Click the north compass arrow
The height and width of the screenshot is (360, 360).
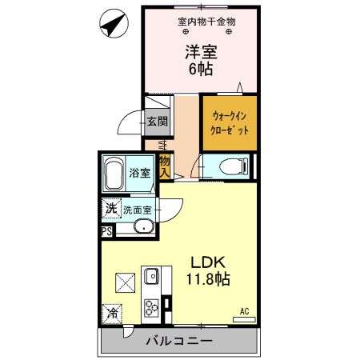tap(114, 24)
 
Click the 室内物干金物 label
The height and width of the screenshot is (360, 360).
tap(206, 21)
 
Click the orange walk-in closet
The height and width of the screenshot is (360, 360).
tap(229, 122)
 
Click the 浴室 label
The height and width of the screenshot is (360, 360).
tap(141, 173)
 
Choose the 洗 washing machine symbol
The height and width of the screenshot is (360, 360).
tap(110, 209)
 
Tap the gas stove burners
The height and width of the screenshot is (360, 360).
tap(151, 306)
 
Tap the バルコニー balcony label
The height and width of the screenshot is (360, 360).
tap(178, 341)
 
